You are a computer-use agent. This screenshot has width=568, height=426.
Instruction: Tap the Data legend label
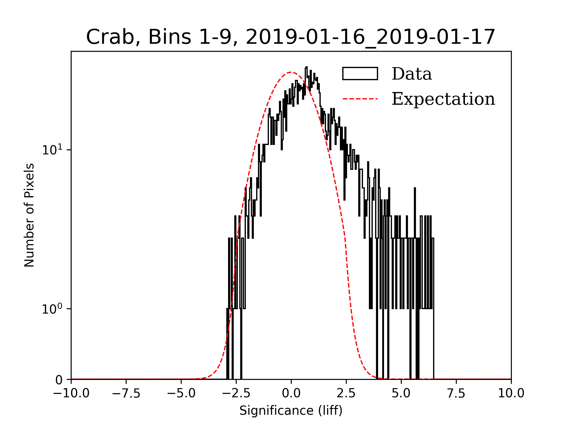coord(412,74)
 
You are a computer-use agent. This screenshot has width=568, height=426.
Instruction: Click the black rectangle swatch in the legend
coord(360,74)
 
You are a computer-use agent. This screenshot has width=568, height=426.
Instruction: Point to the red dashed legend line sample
coord(360,99)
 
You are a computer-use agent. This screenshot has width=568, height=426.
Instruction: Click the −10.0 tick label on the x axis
coord(71,393)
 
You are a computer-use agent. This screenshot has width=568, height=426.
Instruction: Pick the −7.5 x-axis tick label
coord(126,393)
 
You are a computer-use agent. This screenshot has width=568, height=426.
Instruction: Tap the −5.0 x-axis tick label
coord(181,393)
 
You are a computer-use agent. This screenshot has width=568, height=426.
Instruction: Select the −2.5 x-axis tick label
coord(236,393)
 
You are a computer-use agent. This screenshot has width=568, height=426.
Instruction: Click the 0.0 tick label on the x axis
coord(291,393)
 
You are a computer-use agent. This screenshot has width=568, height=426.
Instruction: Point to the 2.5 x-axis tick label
coord(346,393)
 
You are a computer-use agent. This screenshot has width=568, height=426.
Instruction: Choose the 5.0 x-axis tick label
coord(401,393)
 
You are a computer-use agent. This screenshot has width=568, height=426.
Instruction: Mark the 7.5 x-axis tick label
coord(456,393)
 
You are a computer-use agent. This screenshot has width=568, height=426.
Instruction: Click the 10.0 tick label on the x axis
coord(511,393)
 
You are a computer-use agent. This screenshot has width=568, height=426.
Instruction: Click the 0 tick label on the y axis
coord(59,380)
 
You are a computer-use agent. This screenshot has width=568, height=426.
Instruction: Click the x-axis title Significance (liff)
coord(291,411)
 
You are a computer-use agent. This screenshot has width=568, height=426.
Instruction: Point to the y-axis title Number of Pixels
coord(29,215)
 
